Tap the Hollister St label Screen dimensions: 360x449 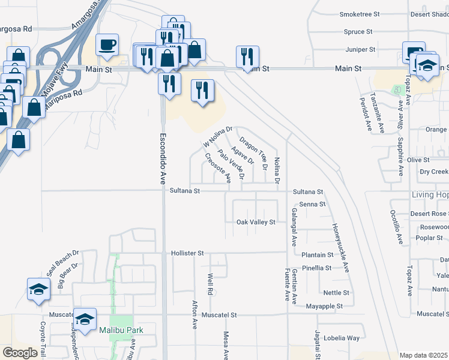(188, 254)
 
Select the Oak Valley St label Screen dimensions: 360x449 (256, 222)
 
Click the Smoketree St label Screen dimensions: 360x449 (360, 14)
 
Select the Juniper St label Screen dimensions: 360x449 (361, 49)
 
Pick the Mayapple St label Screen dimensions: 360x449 (323, 306)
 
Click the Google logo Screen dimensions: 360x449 (20, 353)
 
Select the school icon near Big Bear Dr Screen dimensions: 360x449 (38, 290)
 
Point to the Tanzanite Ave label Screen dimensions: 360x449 (378, 112)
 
